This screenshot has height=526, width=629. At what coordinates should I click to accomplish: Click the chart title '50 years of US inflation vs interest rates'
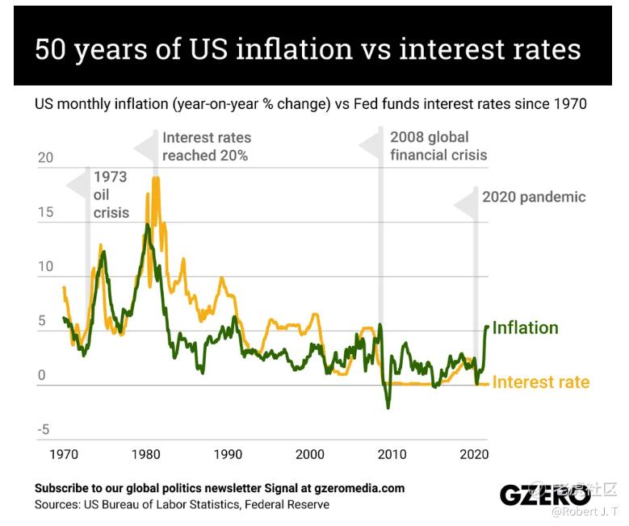pyautogui.click(x=308, y=48)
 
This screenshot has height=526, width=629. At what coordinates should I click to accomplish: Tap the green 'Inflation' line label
pyautogui.click(x=525, y=328)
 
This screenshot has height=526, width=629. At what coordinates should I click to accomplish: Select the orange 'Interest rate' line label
pyautogui.click(x=540, y=382)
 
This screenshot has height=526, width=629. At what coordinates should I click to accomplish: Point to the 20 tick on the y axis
pyautogui.click(x=45, y=157)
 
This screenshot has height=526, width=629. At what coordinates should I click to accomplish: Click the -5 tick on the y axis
pyautogui.click(x=43, y=429)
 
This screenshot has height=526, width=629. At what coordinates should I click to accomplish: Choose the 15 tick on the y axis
pyautogui.click(x=45, y=212)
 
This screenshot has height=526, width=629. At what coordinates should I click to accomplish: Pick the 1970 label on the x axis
pyautogui.click(x=64, y=454)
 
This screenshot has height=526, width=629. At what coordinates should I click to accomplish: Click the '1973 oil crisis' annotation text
pyautogui.click(x=111, y=194)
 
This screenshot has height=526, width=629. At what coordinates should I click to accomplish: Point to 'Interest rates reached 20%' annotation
pyautogui.click(x=206, y=146)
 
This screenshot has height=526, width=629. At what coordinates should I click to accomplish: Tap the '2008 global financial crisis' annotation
pyautogui.click(x=438, y=145)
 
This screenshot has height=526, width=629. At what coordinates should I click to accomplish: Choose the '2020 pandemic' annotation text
pyautogui.click(x=534, y=197)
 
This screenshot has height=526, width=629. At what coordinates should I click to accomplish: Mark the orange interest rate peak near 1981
pyautogui.click(x=156, y=179)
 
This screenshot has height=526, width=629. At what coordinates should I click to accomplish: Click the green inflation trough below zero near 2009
pyautogui.click(x=388, y=407)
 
